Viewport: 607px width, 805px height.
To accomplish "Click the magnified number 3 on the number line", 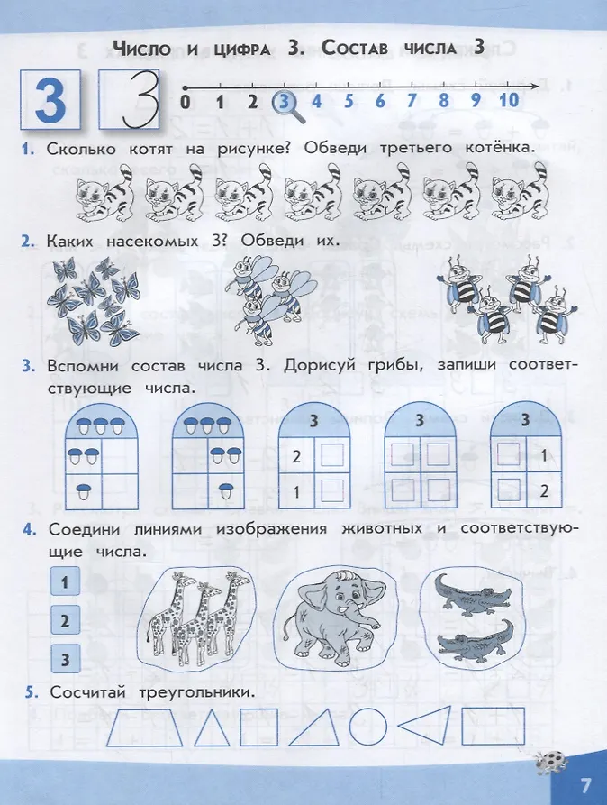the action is click(x=284, y=101).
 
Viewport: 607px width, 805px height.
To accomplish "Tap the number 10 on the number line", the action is click(x=509, y=99).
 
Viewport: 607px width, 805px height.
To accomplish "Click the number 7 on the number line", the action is click(x=412, y=99).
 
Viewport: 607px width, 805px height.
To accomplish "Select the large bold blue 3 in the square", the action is click(x=50, y=100).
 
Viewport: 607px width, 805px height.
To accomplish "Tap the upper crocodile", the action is click(x=473, y=594).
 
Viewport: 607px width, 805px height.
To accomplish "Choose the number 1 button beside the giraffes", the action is click(x=65, y=581).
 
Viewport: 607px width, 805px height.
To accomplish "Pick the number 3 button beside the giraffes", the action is click(x=65, y=659).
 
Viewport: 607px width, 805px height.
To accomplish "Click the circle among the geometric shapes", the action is click(x=368, y=727).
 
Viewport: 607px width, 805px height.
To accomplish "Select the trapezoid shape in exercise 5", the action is click(x=145, y=727).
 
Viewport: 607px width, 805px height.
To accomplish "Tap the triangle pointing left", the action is click(x=425, y=725).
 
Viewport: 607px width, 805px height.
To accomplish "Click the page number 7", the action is click(x=585, y=785).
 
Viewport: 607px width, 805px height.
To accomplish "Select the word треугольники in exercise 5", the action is click(x=197, y=692).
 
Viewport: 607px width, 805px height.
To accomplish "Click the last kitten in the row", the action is click(x=520, y=191).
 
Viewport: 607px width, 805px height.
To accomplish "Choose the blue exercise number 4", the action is click(x=29, y=529).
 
